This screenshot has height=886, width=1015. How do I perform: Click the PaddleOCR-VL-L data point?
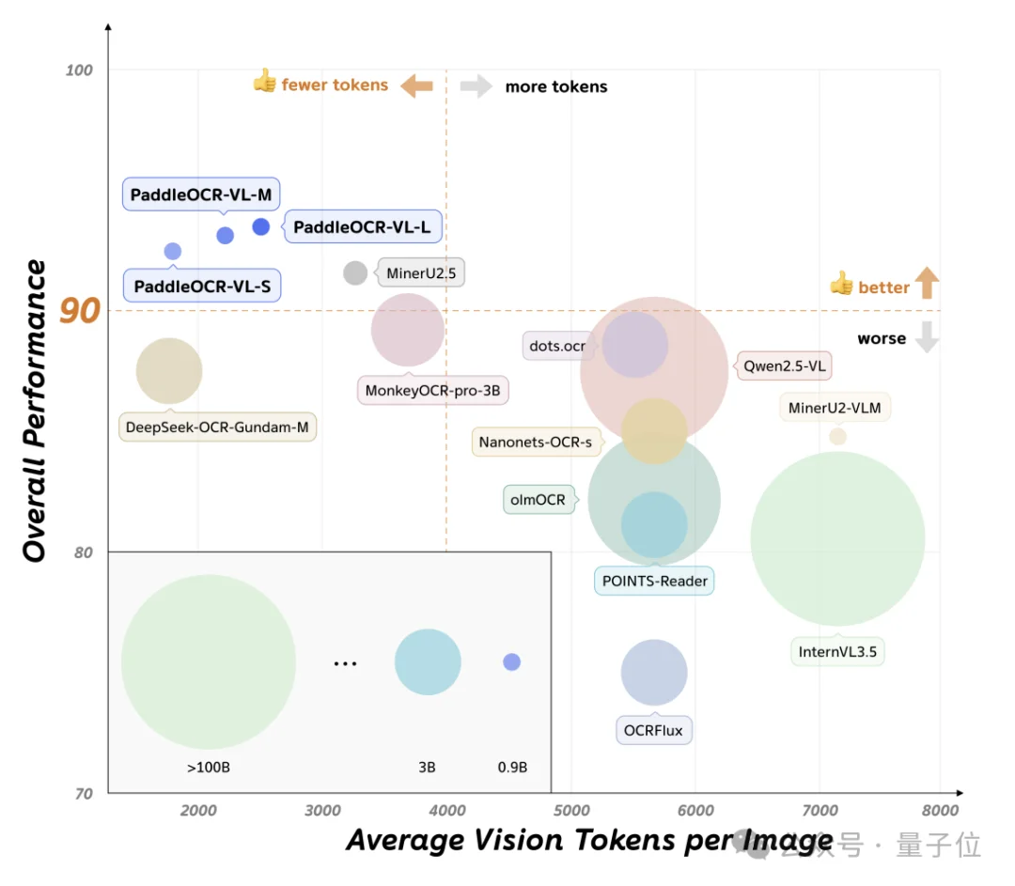point(261,226)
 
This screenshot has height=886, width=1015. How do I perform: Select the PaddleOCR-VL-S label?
point(202,286)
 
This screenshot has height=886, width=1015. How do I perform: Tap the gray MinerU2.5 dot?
point(355,273)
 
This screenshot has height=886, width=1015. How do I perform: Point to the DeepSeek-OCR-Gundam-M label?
point(217,427)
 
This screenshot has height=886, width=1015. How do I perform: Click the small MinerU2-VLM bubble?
point(837,436)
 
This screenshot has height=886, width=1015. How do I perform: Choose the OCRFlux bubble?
point(654,673)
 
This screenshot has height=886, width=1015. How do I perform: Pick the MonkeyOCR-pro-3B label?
point(432,390)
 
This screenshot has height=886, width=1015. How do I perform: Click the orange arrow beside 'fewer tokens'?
point(416,86)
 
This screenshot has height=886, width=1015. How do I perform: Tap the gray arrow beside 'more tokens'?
point(476,86)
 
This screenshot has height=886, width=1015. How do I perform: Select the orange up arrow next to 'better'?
point(927,283)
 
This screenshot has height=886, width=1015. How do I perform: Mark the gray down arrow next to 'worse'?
point(927,337)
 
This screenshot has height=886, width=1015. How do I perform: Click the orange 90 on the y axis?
point(80,311)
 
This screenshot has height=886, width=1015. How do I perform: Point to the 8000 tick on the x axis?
point(939,811)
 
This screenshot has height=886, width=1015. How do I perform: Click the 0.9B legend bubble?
point(511,662)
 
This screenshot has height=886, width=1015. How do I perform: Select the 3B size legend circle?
point(428,662)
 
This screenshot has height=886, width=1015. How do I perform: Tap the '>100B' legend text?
point(209,768)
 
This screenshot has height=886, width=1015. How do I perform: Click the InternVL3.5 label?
point(837,651)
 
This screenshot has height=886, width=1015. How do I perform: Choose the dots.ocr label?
point(557,346)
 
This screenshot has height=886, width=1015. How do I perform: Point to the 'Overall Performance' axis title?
point(35,412)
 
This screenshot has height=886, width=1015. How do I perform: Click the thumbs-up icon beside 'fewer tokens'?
point(264,83)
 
